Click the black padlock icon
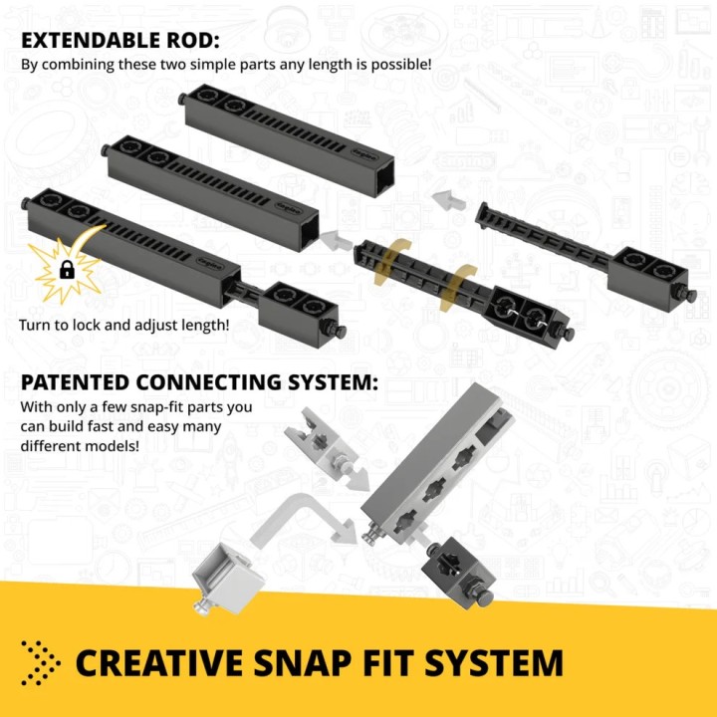[x=68, y=269]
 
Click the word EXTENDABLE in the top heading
[x=91, y=40]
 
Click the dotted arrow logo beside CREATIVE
[x=40, y=662]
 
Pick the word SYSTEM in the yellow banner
[x=493, y=662]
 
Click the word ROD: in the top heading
[x=192, y=40]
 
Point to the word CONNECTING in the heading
[x=208, y=382]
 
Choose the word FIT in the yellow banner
[x=388, y=662]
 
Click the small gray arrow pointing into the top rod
[x=448, y=200]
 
